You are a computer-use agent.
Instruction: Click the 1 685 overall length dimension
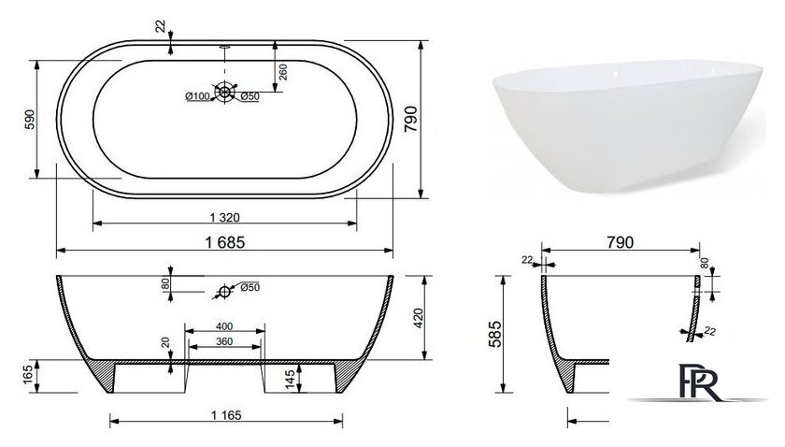(225, 242)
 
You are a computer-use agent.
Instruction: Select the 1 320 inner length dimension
(224, 218)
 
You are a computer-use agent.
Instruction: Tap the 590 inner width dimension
(30, 120)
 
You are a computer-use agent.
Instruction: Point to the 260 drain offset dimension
(283, 72)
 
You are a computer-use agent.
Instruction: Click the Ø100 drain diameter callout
(197, 96)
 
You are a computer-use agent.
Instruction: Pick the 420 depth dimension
(418, 318)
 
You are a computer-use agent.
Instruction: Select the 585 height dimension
(493, 334)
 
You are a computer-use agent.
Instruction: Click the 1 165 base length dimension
(226, 415)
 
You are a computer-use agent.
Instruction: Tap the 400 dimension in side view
(224, 326)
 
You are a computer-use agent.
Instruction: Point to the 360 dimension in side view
(224, 341)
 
